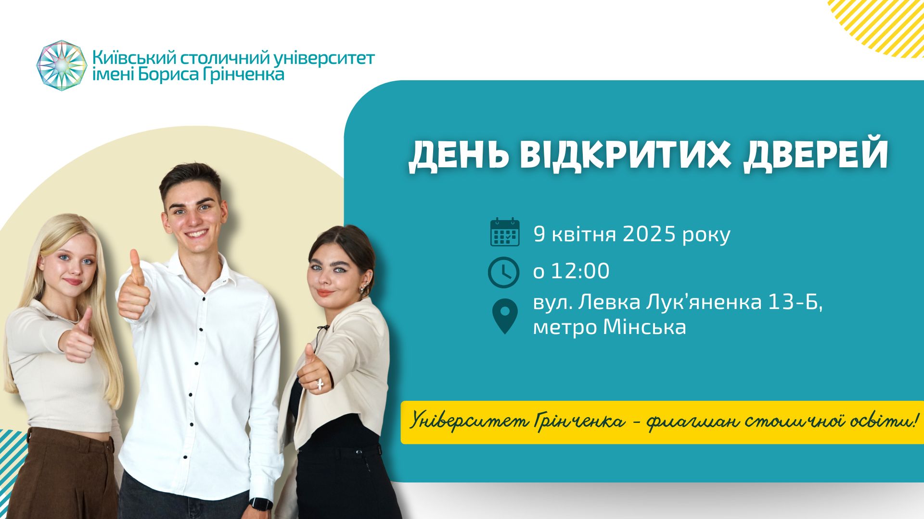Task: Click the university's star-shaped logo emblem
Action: click(62, 66)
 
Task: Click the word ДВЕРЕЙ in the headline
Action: click(816, 155)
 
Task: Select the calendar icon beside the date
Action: click(504, 232)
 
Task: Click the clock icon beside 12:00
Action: click(503, 272)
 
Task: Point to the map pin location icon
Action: click(505, 315)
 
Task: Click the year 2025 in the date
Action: click(650, 234)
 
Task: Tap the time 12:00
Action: click(580, 271)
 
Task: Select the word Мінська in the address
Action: click(644, 327)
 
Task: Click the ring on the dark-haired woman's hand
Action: click(320, 383)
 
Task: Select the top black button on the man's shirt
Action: click(204, 298)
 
